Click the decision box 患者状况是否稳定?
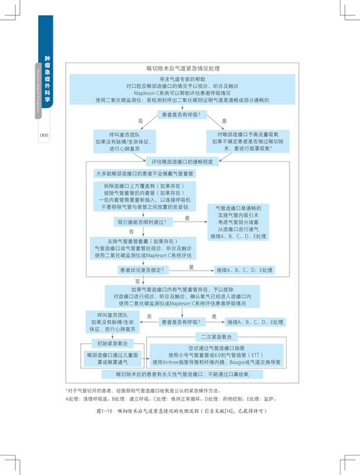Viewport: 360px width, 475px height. [145, 269]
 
